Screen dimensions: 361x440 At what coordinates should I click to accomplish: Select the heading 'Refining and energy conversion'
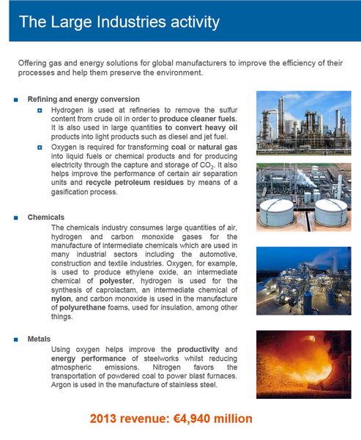[x=83, y=98]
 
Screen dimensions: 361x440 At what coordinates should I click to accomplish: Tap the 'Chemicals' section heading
[x=46, y=218]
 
